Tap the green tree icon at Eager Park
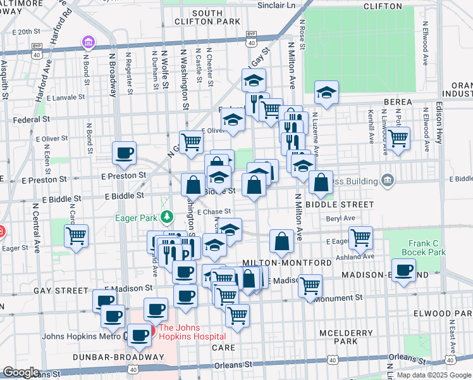[166, 218]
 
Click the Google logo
[21, 372]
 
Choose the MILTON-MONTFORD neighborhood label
[287, 262]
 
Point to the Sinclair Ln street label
[276, 5]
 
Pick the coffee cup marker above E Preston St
[124, 153]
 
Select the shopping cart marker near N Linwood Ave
[398, 137]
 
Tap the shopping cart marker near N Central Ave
[77, 236]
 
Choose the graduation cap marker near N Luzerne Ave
[326, 92]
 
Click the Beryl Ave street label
[342, 218]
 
